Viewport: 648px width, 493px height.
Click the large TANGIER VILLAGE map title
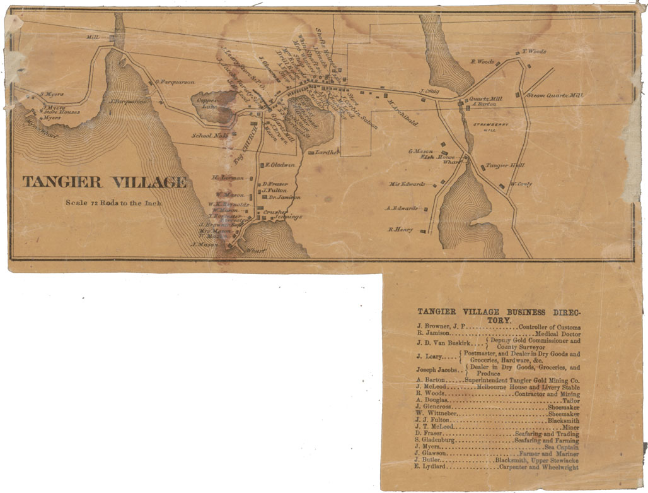(105, 182)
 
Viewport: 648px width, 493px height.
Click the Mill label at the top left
(93, 38)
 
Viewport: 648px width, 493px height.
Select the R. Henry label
(400, 230)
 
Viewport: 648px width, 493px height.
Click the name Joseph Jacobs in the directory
(437, 369)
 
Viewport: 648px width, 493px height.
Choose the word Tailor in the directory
(570, 400)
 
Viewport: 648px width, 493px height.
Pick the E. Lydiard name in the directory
(431, 466)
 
